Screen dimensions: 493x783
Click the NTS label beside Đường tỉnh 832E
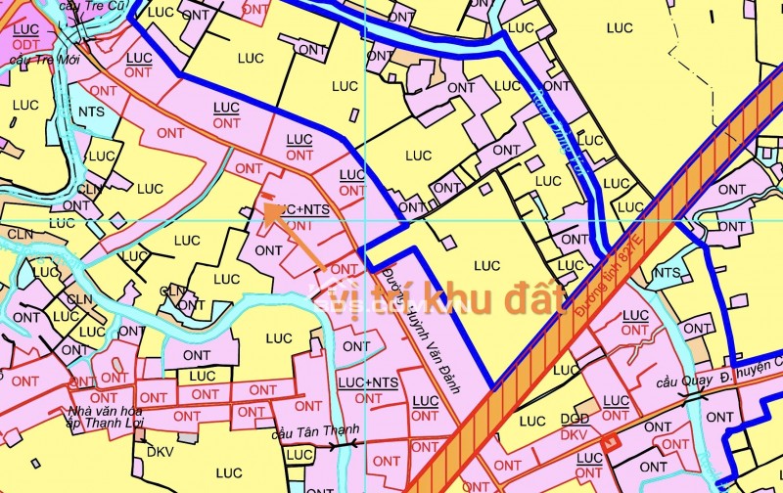pos(667,273)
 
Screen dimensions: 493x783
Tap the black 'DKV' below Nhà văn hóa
pos(159,453)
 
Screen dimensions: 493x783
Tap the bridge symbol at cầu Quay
pos(697,396)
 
